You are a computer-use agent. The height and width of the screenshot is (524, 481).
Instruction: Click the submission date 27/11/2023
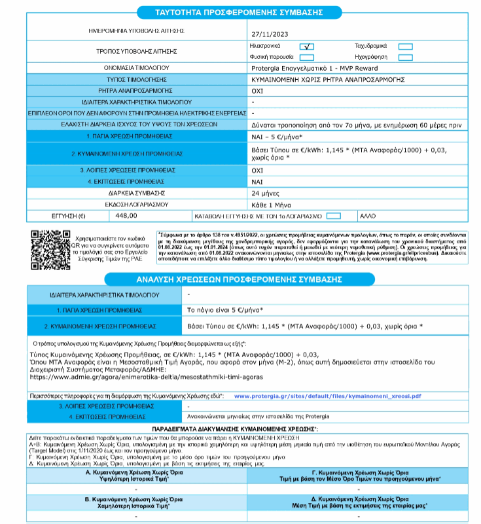pos(270,34)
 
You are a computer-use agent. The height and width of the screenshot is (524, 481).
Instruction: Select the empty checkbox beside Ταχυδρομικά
pos(406,46)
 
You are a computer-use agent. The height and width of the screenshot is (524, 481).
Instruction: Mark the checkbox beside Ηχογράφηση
pos(406,58)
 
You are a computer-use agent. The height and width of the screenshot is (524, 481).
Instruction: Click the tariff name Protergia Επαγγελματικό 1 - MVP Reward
pos(315,67)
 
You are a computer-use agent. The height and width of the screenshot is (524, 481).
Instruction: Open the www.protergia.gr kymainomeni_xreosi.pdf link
pos(327,396)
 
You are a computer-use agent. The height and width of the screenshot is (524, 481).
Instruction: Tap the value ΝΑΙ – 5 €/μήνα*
pos(277,137)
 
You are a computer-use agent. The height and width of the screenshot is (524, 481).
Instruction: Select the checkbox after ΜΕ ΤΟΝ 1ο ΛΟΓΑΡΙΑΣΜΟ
pos(333,215)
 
